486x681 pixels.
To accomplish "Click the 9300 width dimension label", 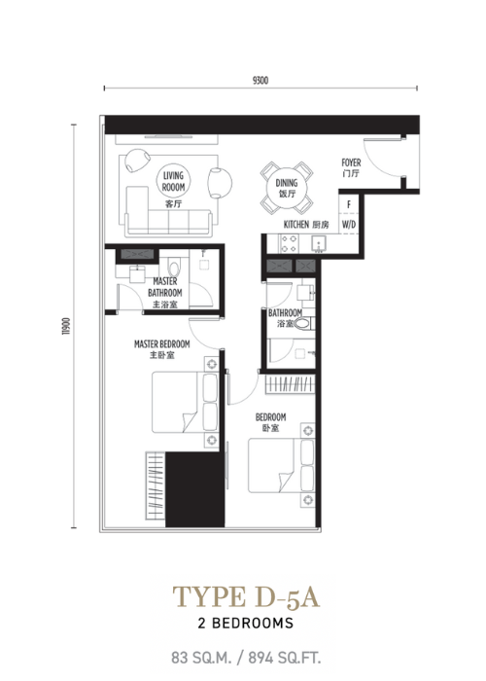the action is pyautogui.click(x=260, y=81).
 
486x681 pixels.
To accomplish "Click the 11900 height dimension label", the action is pyautogui.click(x=66, y=326).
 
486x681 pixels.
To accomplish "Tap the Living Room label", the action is pyautogui.click(x=174, y=182).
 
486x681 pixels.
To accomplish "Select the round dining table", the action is pyautogui.click(x=287, y=188).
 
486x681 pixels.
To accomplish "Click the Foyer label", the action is pyautogui.click(x=351, y=162).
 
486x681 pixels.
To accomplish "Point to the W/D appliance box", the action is pyautogui.click(x=349, y=224).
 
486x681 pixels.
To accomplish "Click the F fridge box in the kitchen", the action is pyautogui.click(x=349, y=204).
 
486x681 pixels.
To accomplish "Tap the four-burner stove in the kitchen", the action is pyautogui.click(x=289, y=243).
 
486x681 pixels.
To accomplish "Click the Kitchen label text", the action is pyautogui.click(x=296, y=225).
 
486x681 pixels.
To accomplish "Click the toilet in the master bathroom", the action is pyautogui.click(x=174, y=268).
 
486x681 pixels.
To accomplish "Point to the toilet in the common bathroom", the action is pyautogui.click(x=302, y=324).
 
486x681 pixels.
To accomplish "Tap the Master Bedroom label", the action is pyautogui.click(x=162, y=344).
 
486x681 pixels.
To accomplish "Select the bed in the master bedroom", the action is pyautogui.click(x=185, y=402).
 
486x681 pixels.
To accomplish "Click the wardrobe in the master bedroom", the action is pyautogui.click(x=156, y=485).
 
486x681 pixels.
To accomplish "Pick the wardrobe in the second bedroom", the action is pyautogui.click(x=290, y=384).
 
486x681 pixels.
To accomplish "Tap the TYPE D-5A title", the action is pyautogui.click(x=246, y=597).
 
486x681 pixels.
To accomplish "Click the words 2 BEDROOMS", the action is pyautogui.click(x=246, y=624).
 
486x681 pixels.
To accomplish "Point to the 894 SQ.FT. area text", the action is pyautogui.click(x=285, y=658).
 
